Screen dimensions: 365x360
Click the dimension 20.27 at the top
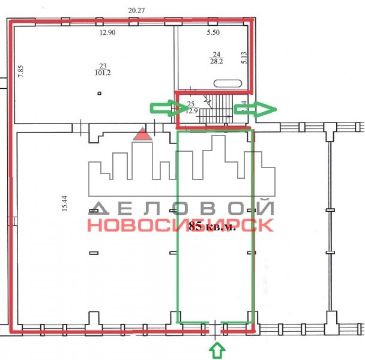[x=136, y=10]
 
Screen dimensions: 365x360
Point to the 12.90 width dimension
[x=107, y=32]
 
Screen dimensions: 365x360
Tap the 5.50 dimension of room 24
[x=213, y=32]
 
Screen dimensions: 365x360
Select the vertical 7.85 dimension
[x=21, y=71]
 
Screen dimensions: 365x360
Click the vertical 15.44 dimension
[x=64, y=203]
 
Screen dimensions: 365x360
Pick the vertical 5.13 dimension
[x=244, y=58]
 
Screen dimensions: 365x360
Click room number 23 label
[x=103, y=66]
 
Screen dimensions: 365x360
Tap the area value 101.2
[x=103, y=73]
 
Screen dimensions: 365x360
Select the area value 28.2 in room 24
[x=216, y=61]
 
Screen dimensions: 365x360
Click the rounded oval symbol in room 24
[x=228, y=83]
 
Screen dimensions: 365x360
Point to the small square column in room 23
[x=100, y=94]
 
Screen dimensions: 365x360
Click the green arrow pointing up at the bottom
[x=217, y=350]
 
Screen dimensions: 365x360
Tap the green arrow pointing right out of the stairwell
[x=255, y=109]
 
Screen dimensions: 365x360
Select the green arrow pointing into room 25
[x=169, y=108]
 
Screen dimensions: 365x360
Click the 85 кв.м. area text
[x=211, y=226]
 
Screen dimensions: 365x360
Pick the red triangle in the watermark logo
[x=142, y=134]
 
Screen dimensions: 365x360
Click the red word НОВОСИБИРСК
[x=181, y=225]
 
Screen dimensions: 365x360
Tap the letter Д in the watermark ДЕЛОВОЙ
[x=98, y=208]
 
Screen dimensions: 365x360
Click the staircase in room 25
[x=216, y=109]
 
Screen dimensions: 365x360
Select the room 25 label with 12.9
[x=192, y=107]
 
